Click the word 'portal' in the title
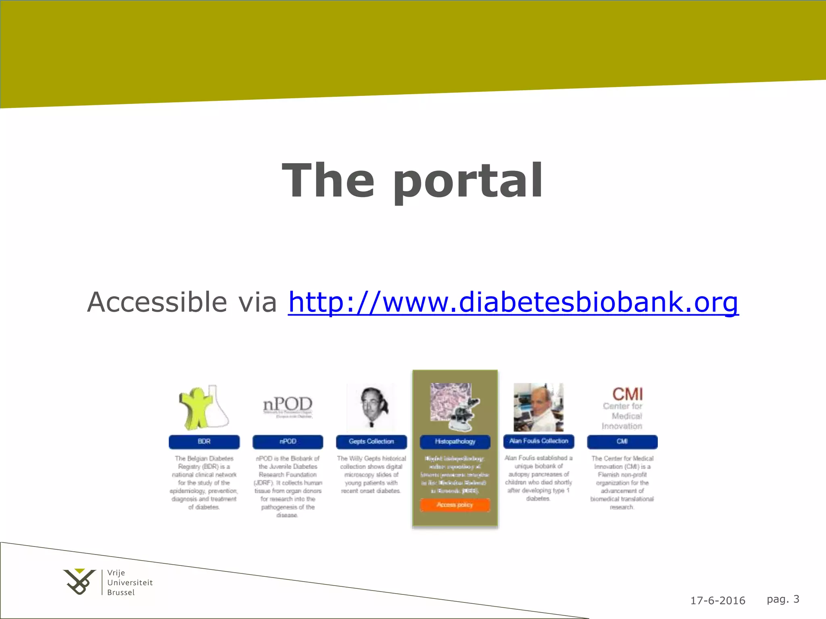point(468,181)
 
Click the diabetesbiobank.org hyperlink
point(513,302)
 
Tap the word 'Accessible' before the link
point(157,302)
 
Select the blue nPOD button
point(288,442)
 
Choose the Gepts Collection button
point(371,442)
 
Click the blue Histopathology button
point(455,442)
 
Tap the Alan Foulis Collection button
point(538,441)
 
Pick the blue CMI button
point(622,442)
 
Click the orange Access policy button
point(455,505)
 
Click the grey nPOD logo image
point(288,406)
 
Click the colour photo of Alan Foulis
point(538,407)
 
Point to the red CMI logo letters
point(627,394)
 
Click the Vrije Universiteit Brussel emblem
point(79,582)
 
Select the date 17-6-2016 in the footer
point(718,601)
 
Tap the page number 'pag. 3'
point(783,599)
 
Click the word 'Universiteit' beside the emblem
point(130,583)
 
